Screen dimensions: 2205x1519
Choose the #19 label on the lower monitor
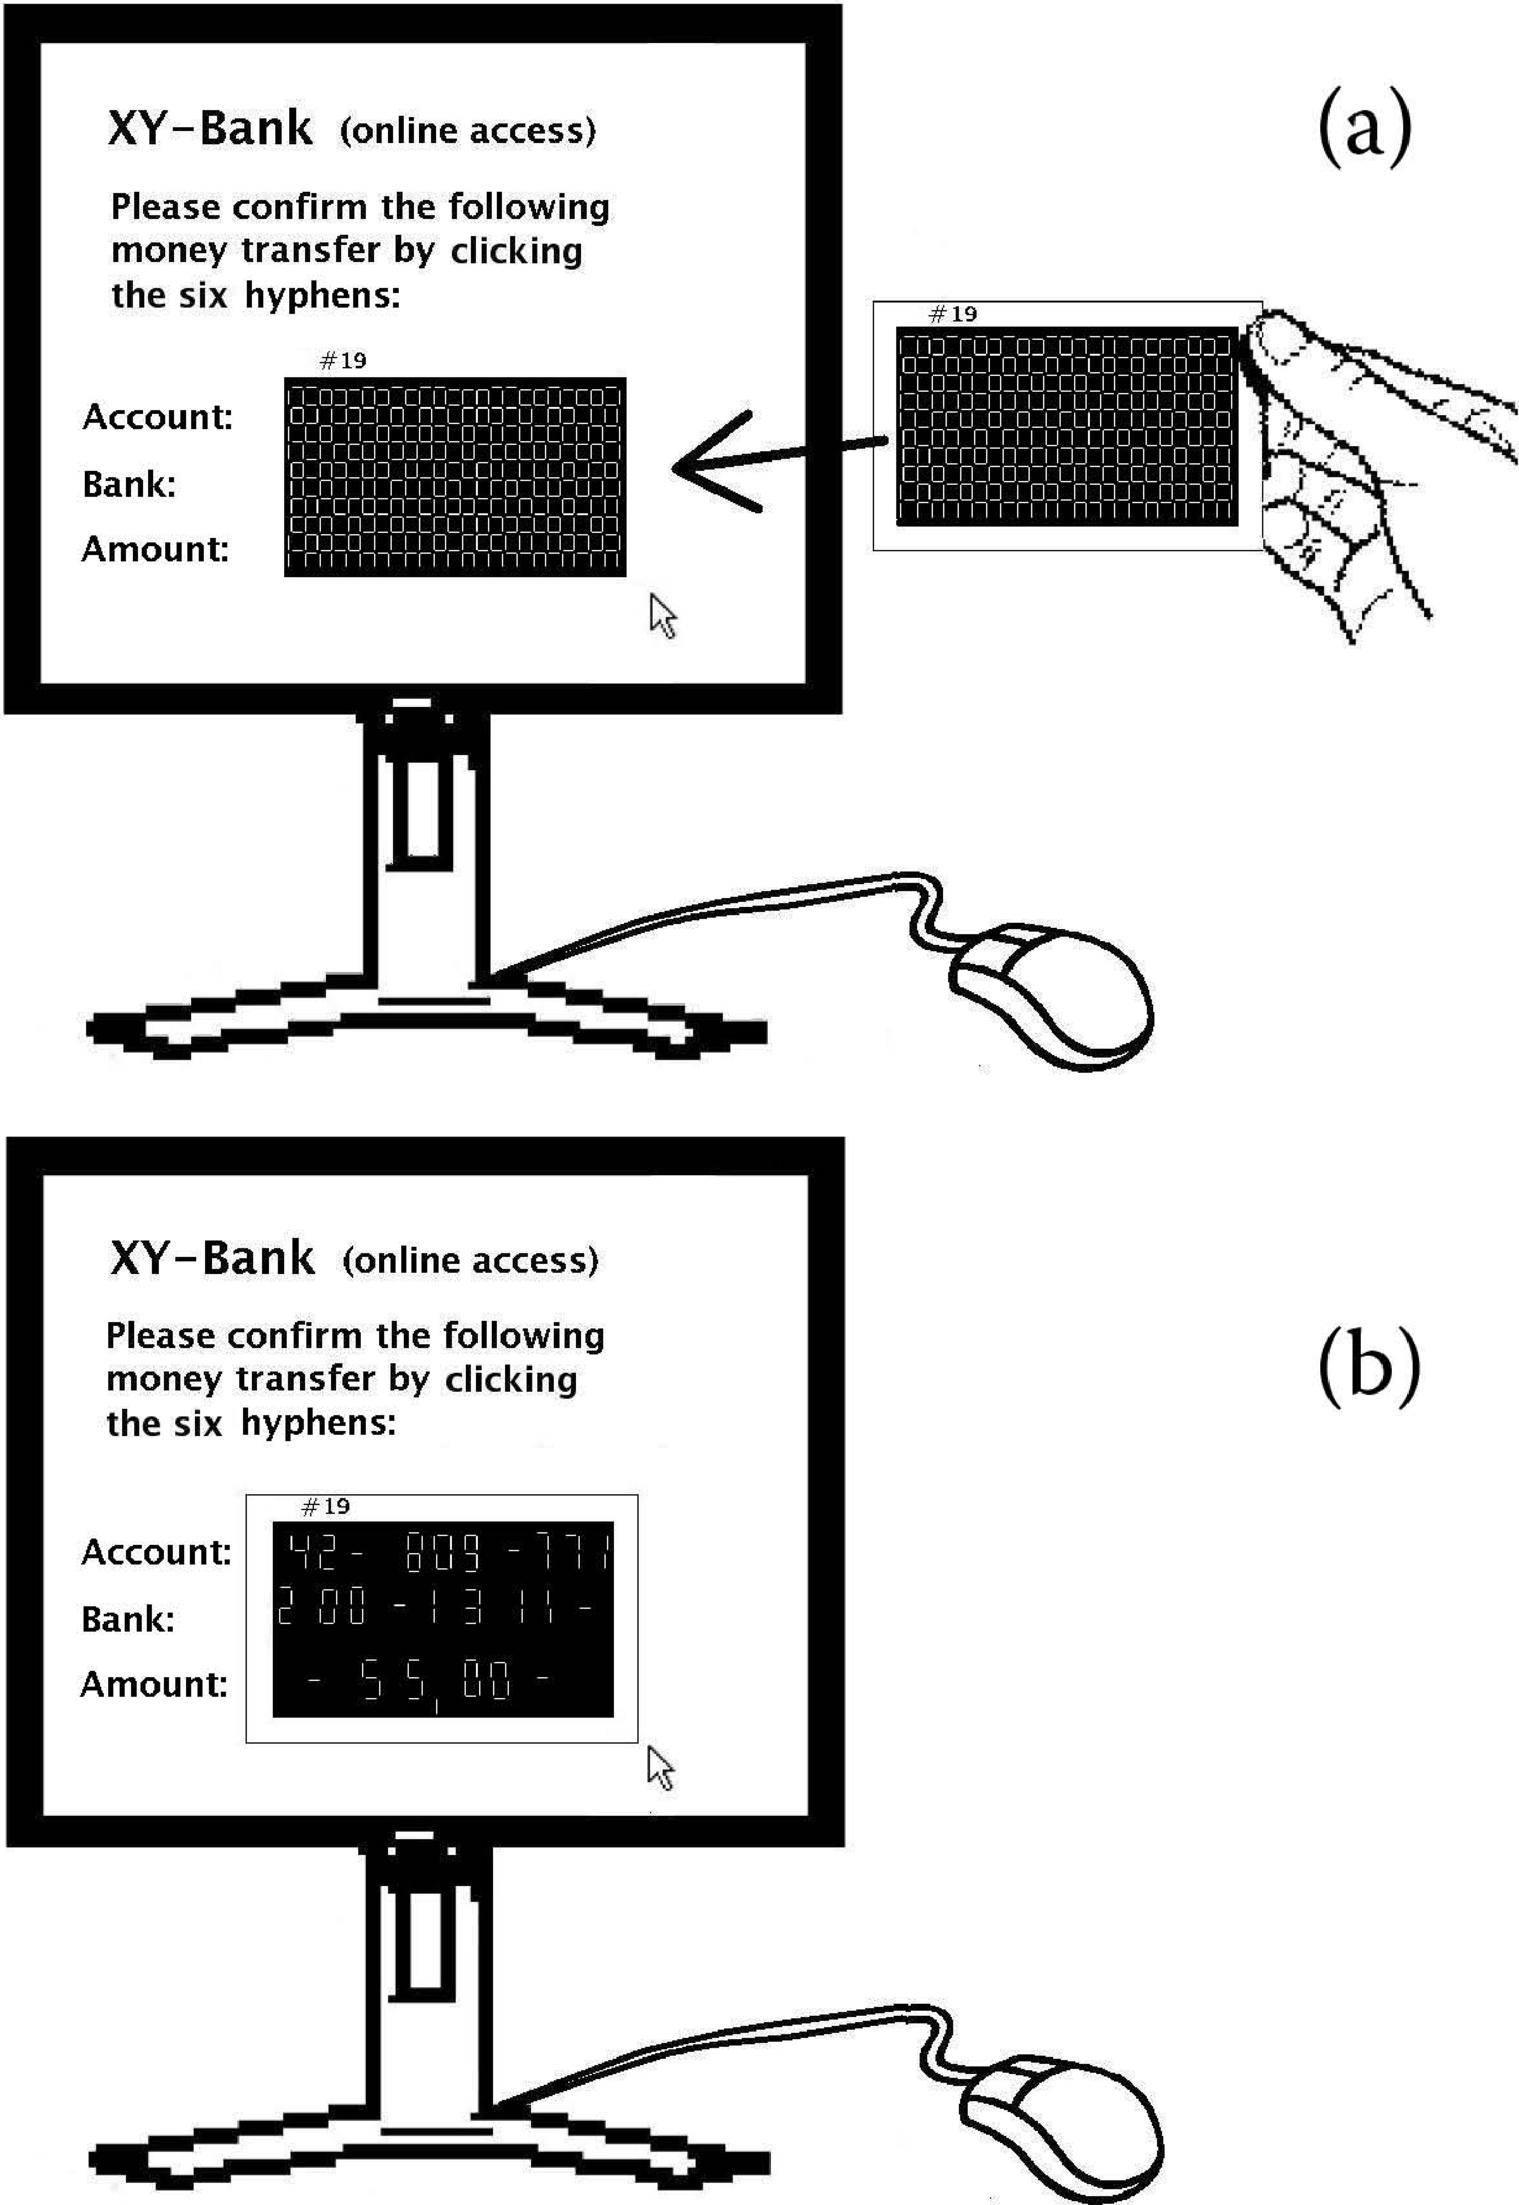point(326,1507)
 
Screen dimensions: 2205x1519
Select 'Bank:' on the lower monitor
point(128,1619)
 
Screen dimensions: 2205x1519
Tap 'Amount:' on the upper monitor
point(155,549)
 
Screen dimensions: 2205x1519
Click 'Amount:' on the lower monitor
point(153,1684)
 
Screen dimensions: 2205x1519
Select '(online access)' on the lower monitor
point(470,1260)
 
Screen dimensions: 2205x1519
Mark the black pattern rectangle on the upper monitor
point(455,477)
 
